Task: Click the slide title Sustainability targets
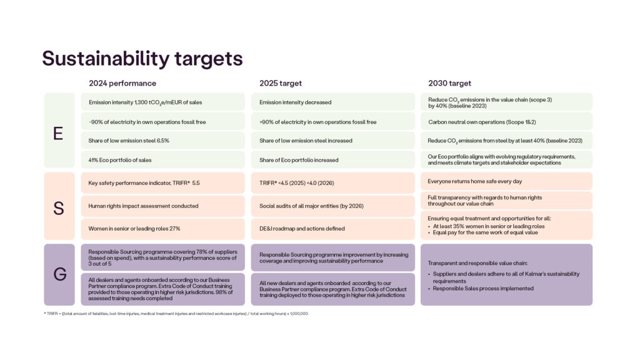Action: pos(142,59)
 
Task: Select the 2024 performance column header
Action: pos(122,83)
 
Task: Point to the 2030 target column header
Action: pos(449,83)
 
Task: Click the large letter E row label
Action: pos(58,133)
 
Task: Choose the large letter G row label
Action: pos(59,274)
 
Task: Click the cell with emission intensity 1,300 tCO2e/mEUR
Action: pos(163,102)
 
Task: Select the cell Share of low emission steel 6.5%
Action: pos(163,141)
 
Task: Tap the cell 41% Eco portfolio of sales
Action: pos(163,160)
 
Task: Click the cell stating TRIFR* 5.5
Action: pos(163,183)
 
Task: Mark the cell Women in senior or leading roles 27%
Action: pos(163,229)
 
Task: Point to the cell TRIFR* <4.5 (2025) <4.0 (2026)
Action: pos(332,183)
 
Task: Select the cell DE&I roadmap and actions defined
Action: pos(332,229)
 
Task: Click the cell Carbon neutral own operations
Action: pos(506,122)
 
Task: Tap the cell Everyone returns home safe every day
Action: pos(506,181)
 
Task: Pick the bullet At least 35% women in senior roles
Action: pos(489,226)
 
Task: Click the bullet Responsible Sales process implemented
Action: pos(483,289)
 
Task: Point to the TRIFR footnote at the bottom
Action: pos(176,314)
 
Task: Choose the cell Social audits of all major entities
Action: pos(332,206)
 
